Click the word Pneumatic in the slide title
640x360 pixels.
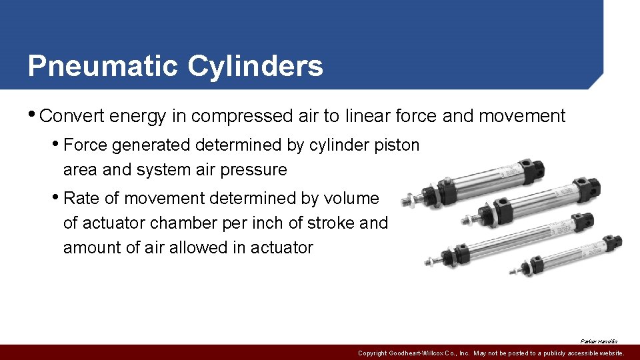[x=103, y=66]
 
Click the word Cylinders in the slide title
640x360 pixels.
[x=255, y=66]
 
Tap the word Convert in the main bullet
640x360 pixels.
[x=71, y=116]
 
